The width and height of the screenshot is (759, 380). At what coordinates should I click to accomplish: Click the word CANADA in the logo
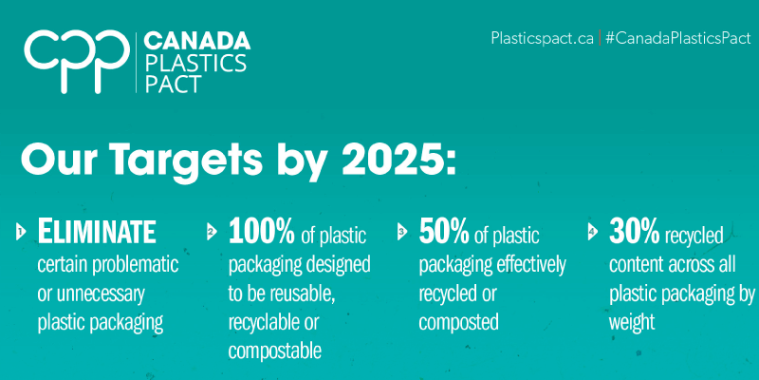(197, 41)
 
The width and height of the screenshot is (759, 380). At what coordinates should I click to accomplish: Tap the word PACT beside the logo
(174, 84)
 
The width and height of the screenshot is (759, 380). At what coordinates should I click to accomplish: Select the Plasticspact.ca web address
(542, 38)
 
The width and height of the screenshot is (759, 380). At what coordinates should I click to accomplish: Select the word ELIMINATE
(97, 232)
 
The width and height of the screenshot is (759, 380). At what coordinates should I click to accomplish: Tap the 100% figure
(262, 231)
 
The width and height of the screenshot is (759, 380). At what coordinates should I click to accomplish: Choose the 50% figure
(444, 231)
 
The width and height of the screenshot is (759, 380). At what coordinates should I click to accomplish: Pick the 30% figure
(634, 231)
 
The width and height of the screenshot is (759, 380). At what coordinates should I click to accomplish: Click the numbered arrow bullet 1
(21, 232)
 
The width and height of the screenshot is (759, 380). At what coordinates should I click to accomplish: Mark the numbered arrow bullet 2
(211, 232)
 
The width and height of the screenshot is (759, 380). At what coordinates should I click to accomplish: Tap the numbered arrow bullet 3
(401, 232)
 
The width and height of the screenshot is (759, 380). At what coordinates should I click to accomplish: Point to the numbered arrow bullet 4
(592, 232)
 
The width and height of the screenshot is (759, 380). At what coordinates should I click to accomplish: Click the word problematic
(135, 265)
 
